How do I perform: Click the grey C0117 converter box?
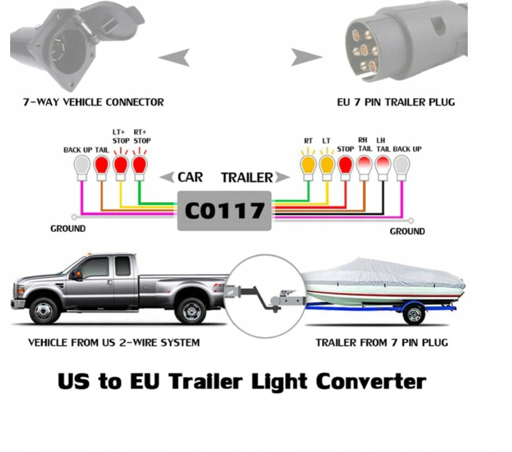point(224,210)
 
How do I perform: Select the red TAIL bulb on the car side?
point(101,166)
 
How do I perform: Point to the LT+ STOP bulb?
point(121,166)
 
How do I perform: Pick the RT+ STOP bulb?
point(139,166)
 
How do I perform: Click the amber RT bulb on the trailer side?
point(308,166)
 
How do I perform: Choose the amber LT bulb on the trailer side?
point(326,166)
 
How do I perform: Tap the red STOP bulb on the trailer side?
point(345,166)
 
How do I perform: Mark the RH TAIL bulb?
point(364,166)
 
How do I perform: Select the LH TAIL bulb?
point(383,166)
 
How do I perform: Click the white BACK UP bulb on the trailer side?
point(402,166)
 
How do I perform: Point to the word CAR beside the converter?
point(190,177)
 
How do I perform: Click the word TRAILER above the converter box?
point(247,177)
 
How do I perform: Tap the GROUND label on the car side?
point(68,229)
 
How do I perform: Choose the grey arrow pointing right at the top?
point(306,57)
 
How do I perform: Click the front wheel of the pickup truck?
point(45,310)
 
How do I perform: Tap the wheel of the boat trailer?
point(414,314)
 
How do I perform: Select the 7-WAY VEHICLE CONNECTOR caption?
point(94,102)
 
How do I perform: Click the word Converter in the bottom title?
point(371,381)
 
